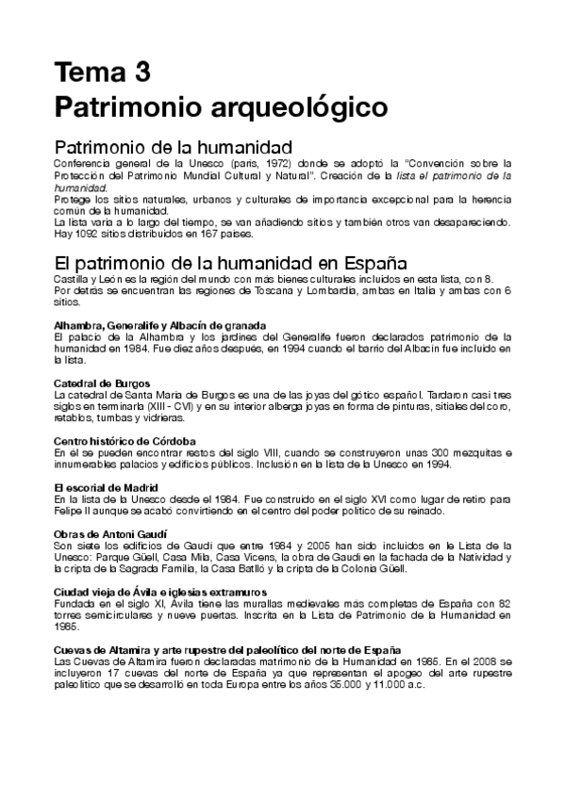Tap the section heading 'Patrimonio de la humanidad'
(174, 148)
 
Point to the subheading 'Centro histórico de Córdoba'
(112, 440)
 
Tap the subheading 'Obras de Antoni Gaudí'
(102, 533)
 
